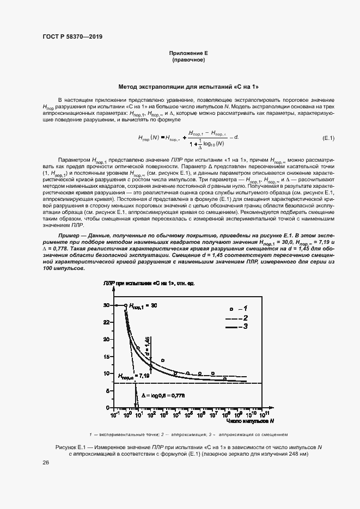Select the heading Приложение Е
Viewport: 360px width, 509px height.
point(188,53)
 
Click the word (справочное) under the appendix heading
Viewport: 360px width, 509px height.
point(188,60)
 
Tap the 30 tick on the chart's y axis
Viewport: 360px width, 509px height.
point(106,305)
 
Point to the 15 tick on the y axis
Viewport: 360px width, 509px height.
point(106,356)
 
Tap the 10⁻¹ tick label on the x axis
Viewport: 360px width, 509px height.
point(115,413)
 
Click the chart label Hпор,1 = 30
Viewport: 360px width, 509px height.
point(143,305)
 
